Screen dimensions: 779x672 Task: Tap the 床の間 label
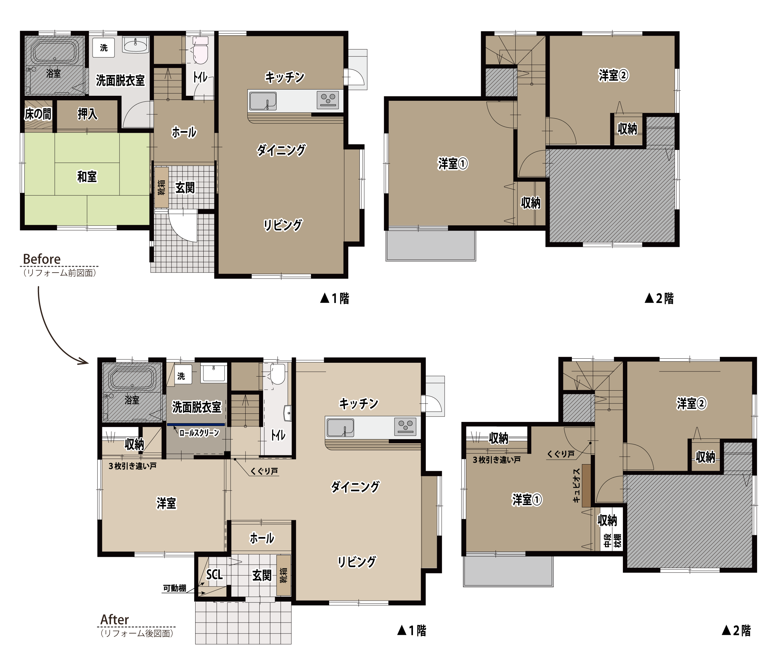click(x=38, y=114)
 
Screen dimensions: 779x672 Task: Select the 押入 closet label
click(x=87, y=114)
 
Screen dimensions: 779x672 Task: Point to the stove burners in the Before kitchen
click(x=328, y=100)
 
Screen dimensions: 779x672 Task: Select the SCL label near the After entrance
click(x=214, y=574)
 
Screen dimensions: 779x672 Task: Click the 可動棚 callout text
click(x=175, y=588)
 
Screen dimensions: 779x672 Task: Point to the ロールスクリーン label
click(x=199, y=433)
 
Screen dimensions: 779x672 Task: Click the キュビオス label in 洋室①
click(x=576, y=485)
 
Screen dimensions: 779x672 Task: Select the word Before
click(x=42, y=259)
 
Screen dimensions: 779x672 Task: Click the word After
click(x=115, y=619)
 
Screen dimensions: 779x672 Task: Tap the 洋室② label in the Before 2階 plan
click(x=613, y=75)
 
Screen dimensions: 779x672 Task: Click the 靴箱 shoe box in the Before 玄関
click(x=161, y=187)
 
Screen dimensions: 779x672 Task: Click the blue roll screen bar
click(x=196, y=424)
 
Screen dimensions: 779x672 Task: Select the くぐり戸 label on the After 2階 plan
click(x=561, y=454)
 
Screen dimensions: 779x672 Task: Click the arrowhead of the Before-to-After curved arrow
click(x=84, y=362)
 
